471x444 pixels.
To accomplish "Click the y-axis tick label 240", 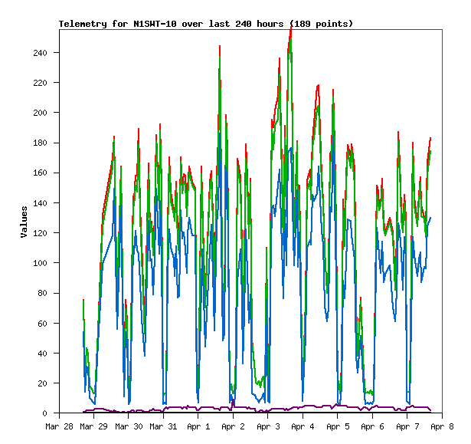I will click(47, 53).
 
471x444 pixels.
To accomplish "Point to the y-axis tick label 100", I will click(47, 263).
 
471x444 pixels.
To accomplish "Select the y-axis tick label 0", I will click(51, 413).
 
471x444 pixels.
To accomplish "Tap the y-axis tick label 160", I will click(47, 173).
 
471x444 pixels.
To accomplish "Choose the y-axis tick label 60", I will click(49, 324).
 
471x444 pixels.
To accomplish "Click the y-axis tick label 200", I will click(47, 113).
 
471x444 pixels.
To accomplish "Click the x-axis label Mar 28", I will click(59, 426).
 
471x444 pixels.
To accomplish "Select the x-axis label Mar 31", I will click(163, 426).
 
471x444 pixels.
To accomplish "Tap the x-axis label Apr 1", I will click(198, 426).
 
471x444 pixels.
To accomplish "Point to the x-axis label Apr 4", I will click(302, 426).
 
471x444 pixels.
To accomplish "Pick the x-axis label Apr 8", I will click(441, 426).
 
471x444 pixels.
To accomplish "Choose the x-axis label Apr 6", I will click(371, 426).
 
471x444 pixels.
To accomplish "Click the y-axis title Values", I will click(25, 222).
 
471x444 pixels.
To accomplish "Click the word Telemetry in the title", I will click(83, 24).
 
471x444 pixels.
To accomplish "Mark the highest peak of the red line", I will click(291, 28).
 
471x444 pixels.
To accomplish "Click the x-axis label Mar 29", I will click(93, 426).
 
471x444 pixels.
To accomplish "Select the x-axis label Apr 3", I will click(267, 426).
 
